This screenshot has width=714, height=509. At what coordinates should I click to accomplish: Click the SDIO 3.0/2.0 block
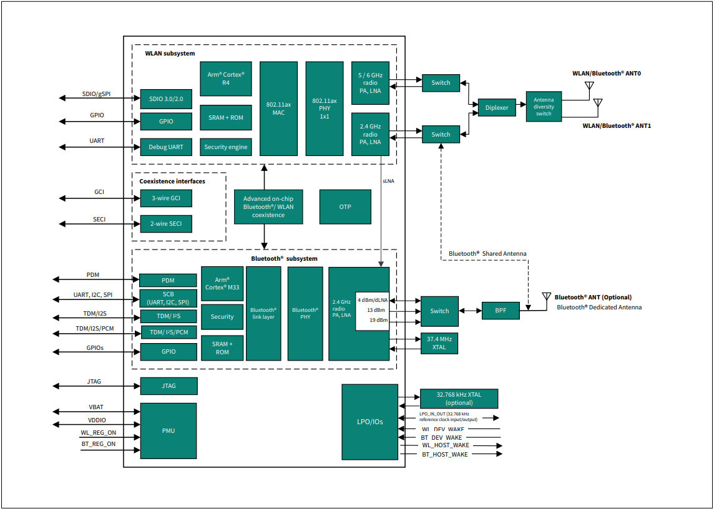click(x=165, y=99)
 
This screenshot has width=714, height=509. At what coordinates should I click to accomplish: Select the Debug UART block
click(x=165, y=147)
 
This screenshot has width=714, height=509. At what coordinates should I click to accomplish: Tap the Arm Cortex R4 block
click(x=226, y=79)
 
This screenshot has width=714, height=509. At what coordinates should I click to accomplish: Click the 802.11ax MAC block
click(x=278, y=109)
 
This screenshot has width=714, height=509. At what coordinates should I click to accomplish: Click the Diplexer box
click(x=497, y=107)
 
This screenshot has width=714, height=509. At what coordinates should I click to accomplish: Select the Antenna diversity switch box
click(x=544, y=107)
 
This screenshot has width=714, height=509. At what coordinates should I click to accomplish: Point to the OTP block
click(x=345, y=206)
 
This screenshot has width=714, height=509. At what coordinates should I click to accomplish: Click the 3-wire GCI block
click(x=165, y=199)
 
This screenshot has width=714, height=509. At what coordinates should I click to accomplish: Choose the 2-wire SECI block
click(x=165, y=223)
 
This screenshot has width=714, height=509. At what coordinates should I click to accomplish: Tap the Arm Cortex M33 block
click(x=222, y=284)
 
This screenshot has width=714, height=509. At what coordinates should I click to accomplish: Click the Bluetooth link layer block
click(x=263, y=313)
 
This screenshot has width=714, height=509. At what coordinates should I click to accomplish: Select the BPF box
click(x=501, y=311)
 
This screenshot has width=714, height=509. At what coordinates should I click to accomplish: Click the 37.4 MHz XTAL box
click(x=439, y=343)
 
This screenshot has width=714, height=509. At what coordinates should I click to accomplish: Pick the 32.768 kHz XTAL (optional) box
click(x=459, y=398)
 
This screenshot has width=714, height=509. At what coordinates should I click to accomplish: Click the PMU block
click(x=169, y=431)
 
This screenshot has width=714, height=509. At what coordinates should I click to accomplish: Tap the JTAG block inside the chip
click(x=169, y=386)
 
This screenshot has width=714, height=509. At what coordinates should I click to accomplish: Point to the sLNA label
click(x=389, y=180)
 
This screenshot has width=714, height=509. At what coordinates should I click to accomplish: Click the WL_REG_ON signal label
click(x=99, y=433)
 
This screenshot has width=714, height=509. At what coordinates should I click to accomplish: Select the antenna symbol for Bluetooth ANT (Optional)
click(x=546, y=297)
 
